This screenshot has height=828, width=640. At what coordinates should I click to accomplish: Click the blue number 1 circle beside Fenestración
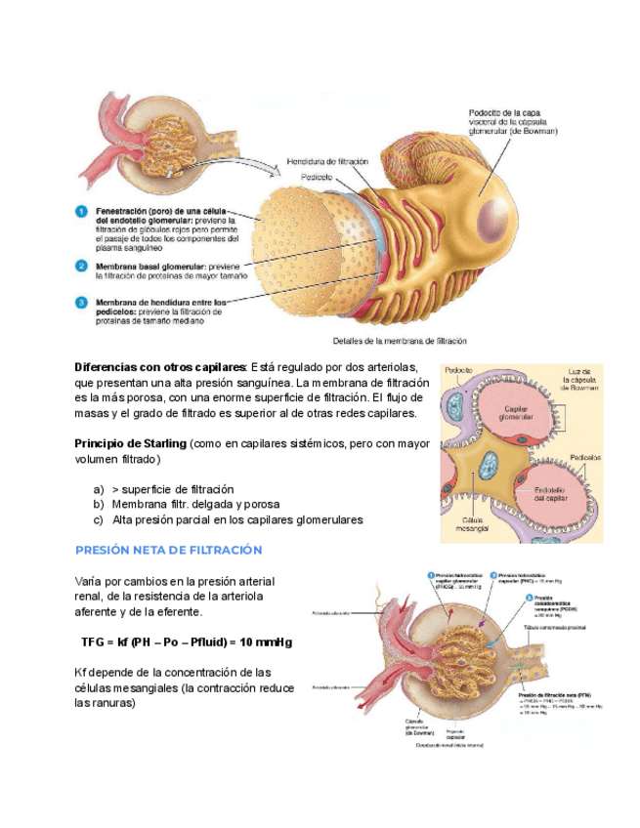[x=83, y=211]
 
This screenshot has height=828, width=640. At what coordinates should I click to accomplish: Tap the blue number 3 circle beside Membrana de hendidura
[x=83, y=303]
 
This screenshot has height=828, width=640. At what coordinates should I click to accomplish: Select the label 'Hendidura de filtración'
[x=327, y=161]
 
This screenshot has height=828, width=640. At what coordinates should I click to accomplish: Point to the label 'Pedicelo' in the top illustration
[x=317, y=177]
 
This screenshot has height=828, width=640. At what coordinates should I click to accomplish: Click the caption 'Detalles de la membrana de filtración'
[x=401, y=342]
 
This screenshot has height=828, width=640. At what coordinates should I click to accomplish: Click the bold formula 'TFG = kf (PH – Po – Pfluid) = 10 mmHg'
[x=187, y=642]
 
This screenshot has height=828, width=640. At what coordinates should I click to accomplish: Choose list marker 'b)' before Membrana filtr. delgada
[x=99, y=505]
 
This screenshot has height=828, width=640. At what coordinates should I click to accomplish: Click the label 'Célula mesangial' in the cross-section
[x=472, y=525]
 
